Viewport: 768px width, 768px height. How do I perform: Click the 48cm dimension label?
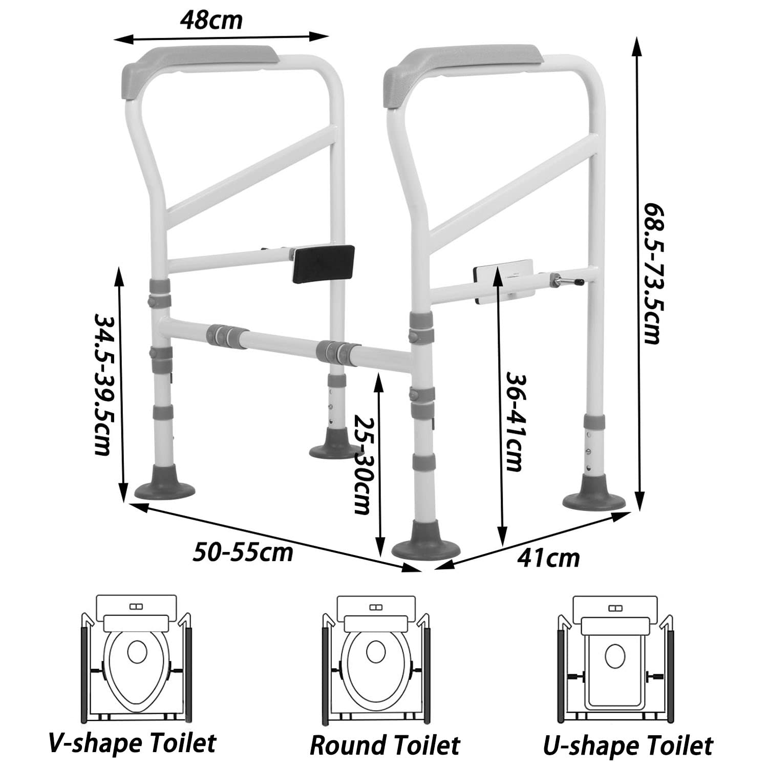coord(211,21)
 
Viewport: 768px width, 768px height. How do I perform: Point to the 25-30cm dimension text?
coord(362,464)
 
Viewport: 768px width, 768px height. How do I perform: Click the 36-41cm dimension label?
coord(515,421)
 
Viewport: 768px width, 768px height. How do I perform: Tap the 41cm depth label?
coord(548,558)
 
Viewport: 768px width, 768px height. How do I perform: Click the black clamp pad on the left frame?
coord(323,264)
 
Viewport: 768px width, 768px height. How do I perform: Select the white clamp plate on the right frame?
coord(504,281)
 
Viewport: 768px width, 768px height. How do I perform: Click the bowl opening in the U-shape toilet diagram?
coord(614,656)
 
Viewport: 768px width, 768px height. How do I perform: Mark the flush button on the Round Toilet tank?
coord(376,607)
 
